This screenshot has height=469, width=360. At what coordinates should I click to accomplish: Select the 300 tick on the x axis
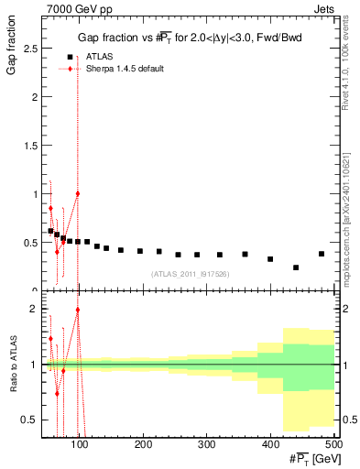click(x=206, y=444)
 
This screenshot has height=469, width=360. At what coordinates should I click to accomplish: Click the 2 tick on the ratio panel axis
click(x=37, y=310)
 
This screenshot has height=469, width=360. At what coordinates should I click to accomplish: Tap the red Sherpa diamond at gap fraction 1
click(x=78, y=193)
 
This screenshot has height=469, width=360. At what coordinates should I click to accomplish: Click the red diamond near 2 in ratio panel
click(x=78, y=310)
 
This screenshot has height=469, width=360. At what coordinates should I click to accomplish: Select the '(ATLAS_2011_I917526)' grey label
click(x=190, y=274)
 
